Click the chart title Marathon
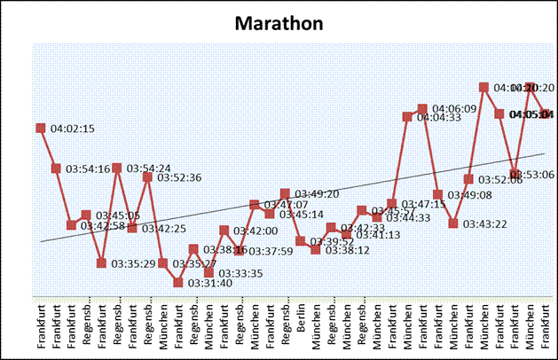[x=279, y=23]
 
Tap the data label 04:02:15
[x=73, y=129]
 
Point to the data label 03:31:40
[x=209, y=284]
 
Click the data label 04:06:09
[x=455, y=109]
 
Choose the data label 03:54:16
[x=86, y=169]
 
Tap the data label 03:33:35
[x=240, y=273]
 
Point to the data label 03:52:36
[x=178, y=177]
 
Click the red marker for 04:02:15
[x=40, y=128]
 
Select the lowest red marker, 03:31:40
[x=178, y=283]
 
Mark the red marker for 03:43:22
[x=453, y=223]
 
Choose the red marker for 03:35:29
[x=102, y=263]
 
